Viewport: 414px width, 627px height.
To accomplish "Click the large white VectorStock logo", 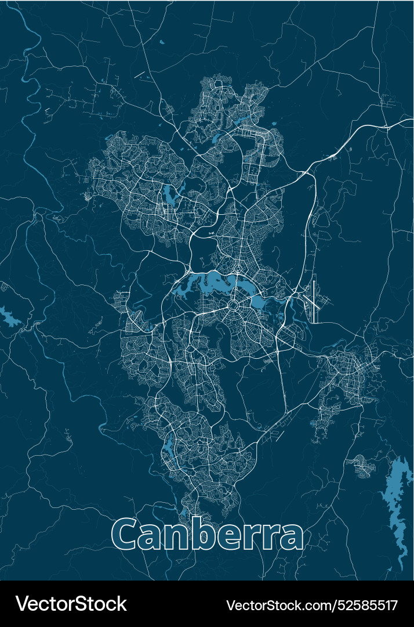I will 71,604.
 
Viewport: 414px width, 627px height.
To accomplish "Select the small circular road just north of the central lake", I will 238,272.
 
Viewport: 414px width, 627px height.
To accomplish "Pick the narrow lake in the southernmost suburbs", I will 169,447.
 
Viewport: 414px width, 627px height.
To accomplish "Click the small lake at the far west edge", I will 9,316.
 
